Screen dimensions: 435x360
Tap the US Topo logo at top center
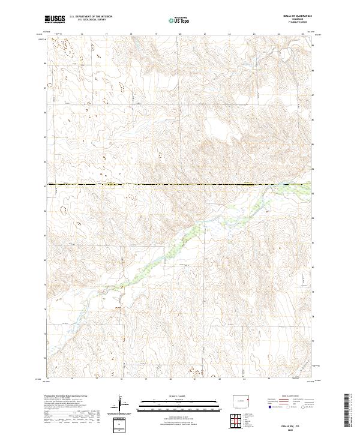pyautogui.click(x=180, y=20)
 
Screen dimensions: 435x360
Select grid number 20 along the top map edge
pyautogui.click(x=180, y=34)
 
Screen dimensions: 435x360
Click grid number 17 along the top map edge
pyautogui.click(x=106, y=34)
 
